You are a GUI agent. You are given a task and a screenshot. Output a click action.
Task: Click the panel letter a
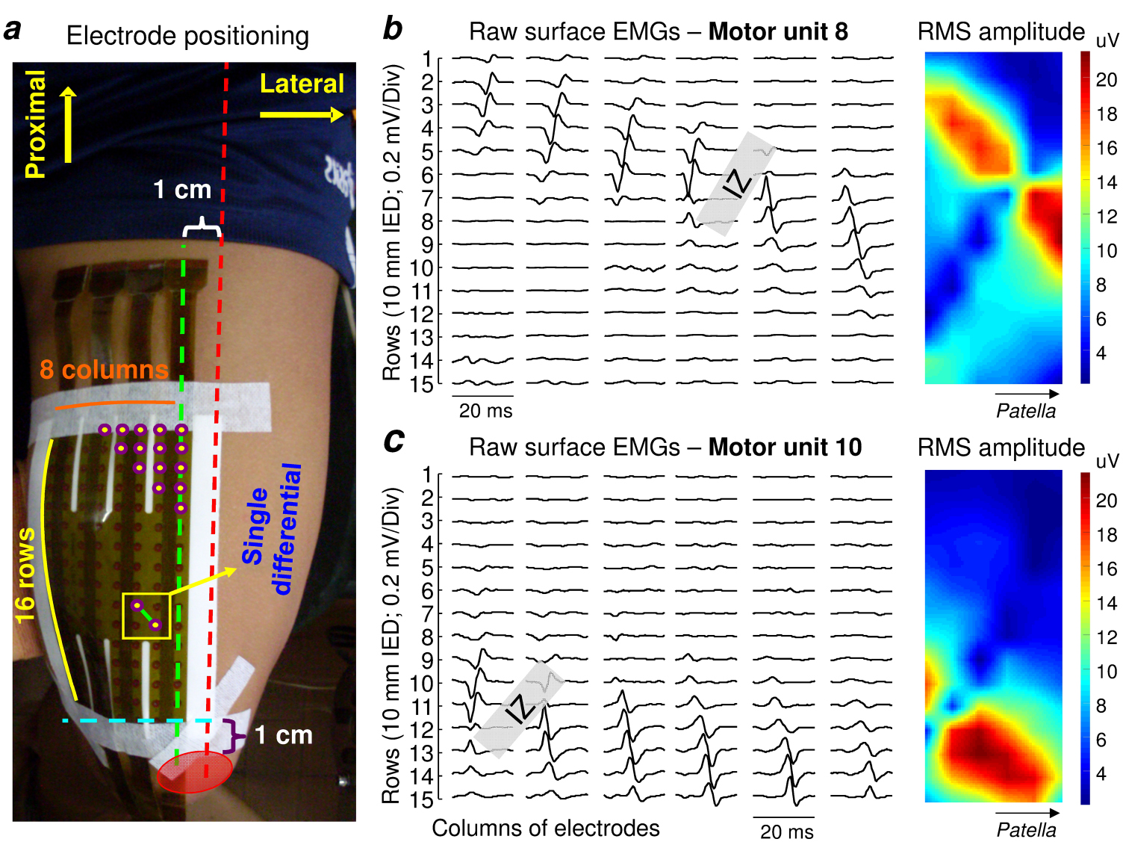(13, 31)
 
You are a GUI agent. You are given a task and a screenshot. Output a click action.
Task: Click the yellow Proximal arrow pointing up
(68, 124)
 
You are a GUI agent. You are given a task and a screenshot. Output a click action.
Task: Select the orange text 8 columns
(104, 369)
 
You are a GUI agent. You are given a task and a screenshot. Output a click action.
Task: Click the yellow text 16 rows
(25, 575)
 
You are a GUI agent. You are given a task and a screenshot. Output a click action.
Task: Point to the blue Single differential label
(272, 529)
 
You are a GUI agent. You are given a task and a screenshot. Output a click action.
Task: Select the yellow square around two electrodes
(146, 616)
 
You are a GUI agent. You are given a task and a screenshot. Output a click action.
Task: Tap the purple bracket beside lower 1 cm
(235, 735)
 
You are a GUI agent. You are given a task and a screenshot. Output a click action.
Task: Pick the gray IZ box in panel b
(736, 184)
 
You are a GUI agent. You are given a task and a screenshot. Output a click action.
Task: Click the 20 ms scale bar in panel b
(482, 396)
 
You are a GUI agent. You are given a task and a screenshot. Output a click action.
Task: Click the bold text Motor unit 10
(785, 448)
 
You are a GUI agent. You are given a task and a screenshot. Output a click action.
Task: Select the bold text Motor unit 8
(778, 31)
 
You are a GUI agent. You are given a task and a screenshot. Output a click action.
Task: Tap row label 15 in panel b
(423, 385)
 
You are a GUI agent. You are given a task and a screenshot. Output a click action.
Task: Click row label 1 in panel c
(427, 474)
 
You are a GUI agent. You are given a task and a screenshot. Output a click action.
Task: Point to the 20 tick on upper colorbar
(1107, 80)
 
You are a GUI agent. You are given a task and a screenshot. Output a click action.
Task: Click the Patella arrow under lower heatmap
(1027, 813)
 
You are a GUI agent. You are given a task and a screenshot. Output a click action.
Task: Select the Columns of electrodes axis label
(545, 828)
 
